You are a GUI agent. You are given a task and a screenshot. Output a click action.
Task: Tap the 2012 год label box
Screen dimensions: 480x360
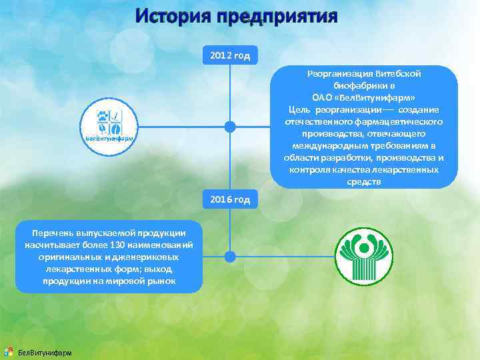tap(230, 55)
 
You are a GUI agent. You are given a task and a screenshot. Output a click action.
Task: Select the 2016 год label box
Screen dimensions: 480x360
tap(230, 199)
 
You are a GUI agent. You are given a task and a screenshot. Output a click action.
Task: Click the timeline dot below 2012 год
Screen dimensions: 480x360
tap(230, 126)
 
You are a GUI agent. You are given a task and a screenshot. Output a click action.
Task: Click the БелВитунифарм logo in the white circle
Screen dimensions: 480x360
tap(109, 127)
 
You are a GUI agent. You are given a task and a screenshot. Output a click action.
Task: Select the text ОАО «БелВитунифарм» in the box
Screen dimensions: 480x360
tap(364, 98)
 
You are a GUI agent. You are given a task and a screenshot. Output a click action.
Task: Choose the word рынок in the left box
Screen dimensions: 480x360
tap(161, 281)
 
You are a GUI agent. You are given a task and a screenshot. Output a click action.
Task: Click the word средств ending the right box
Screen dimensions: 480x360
tap(364, 182)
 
